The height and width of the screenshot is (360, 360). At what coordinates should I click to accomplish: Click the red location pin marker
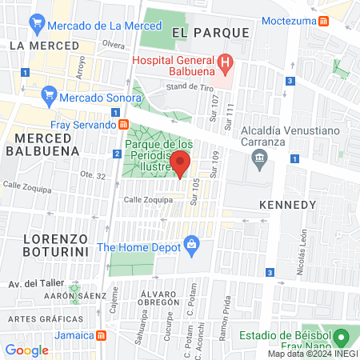click(x=181, y=164)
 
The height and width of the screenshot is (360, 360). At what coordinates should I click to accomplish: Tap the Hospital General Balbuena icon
click(x=226, y=62)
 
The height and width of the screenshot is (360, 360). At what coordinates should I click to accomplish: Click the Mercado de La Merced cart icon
click(x=36, y=25)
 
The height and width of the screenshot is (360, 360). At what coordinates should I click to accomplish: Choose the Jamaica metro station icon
click(x=102, y=337)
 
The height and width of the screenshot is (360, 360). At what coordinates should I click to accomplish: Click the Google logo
click(x=26, y=350)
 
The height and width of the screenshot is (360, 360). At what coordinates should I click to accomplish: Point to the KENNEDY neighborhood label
click(x=288, y=206)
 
